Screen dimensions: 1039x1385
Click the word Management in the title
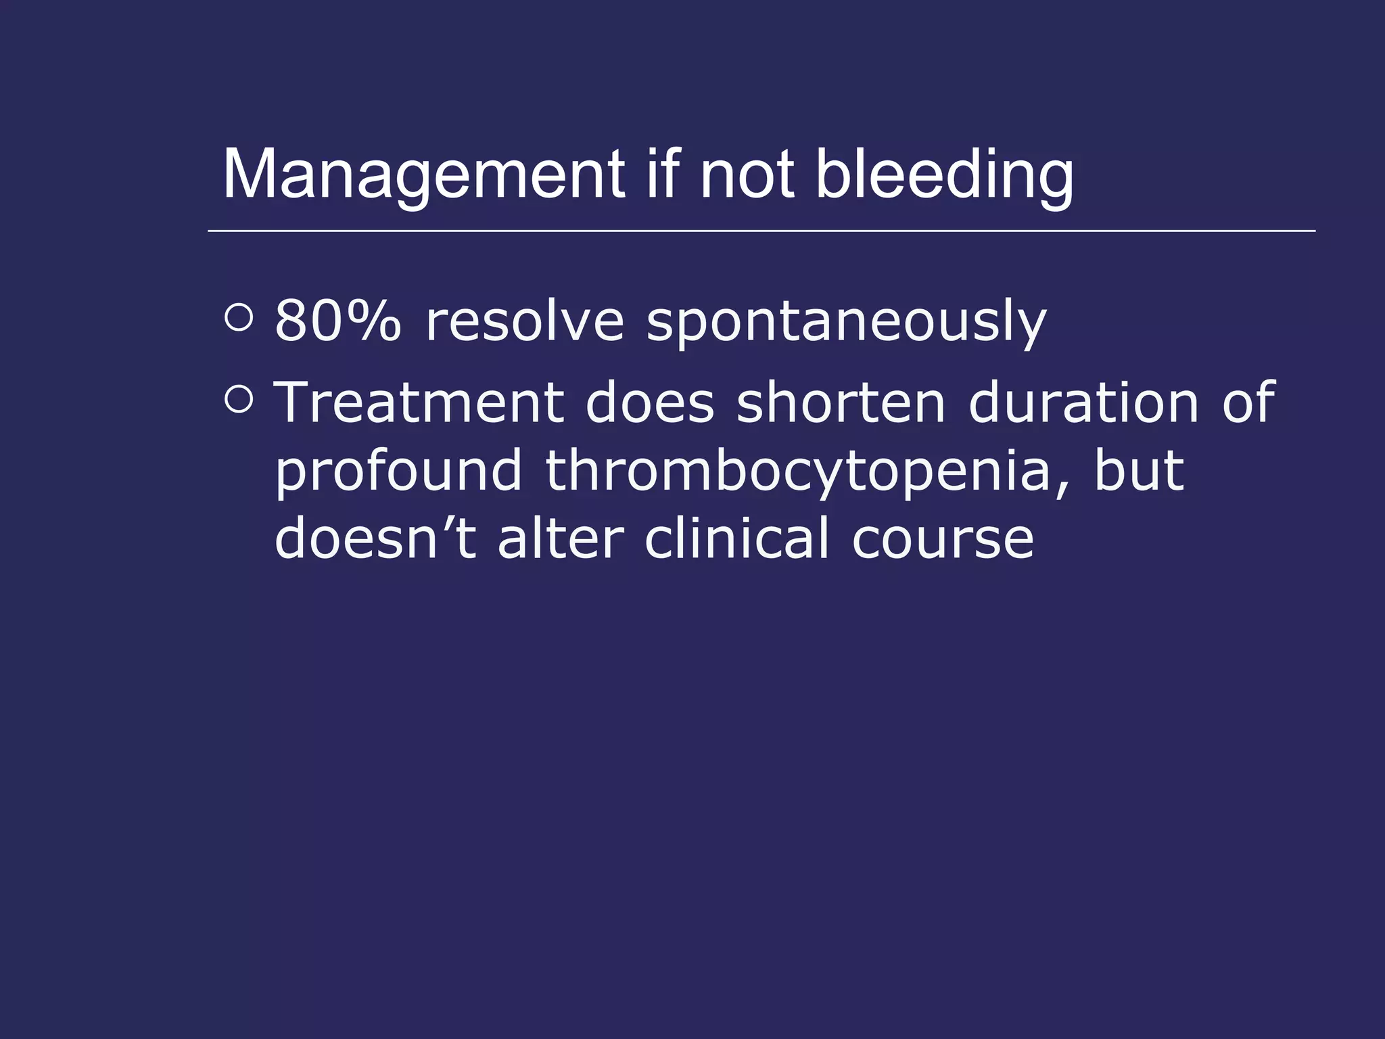424,175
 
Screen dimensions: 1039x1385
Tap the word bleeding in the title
944,175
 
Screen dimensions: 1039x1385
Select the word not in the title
747,175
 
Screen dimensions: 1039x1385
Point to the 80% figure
337,321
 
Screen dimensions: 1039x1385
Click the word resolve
525,321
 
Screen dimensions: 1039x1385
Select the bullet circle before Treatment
238,399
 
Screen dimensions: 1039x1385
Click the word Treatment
419,403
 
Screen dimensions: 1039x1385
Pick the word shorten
841,403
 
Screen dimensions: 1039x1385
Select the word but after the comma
1139,471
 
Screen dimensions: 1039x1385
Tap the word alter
561,538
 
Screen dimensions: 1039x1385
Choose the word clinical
736,538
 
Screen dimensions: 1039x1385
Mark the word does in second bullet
649,403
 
